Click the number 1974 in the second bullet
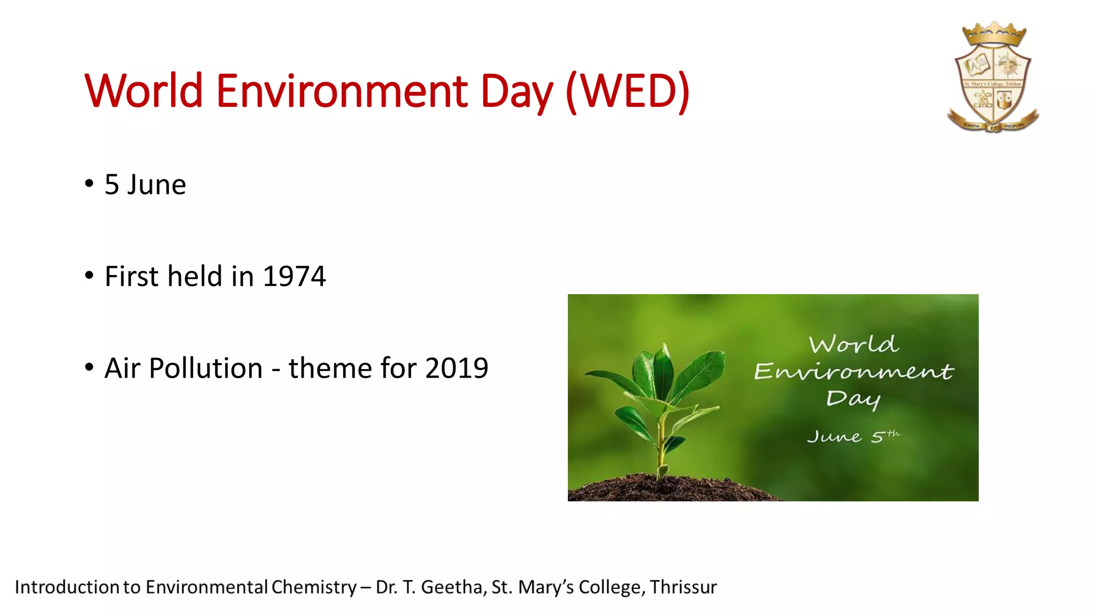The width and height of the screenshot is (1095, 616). coord(294,276)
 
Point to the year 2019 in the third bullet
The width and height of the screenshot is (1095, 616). coord(457,368)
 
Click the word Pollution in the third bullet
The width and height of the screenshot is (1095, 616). coord(206,368)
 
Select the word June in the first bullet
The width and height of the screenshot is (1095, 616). coord(157,185)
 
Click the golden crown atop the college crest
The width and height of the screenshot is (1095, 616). coord(994,34)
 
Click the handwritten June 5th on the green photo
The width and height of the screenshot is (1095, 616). coord(853,436)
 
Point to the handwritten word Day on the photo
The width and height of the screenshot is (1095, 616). coord(853,399)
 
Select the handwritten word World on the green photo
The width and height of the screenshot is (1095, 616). coord(853,344)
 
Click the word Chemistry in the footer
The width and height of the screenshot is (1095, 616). coord(314,587)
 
